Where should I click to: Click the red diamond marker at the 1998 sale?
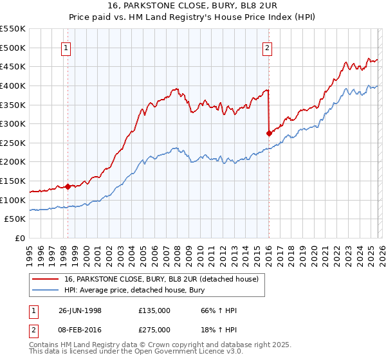point(68,186)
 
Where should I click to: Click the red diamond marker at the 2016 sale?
point(268,133)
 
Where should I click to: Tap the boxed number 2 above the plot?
point(267,46)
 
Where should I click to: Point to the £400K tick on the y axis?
point(14,85)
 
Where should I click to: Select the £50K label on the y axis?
point(17,219)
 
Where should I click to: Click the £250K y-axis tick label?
point(14,143)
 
